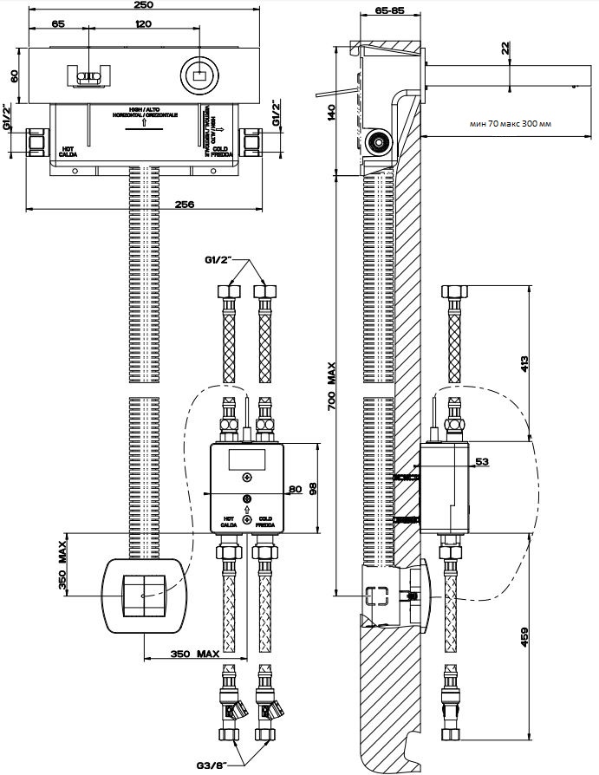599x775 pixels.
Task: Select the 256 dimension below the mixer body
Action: (184, 204)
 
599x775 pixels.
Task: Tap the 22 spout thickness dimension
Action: (505, 49)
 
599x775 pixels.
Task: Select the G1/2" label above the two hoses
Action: (222, 259)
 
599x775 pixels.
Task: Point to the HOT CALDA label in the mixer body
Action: (69, 151)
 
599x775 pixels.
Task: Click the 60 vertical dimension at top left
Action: (15, 75)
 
